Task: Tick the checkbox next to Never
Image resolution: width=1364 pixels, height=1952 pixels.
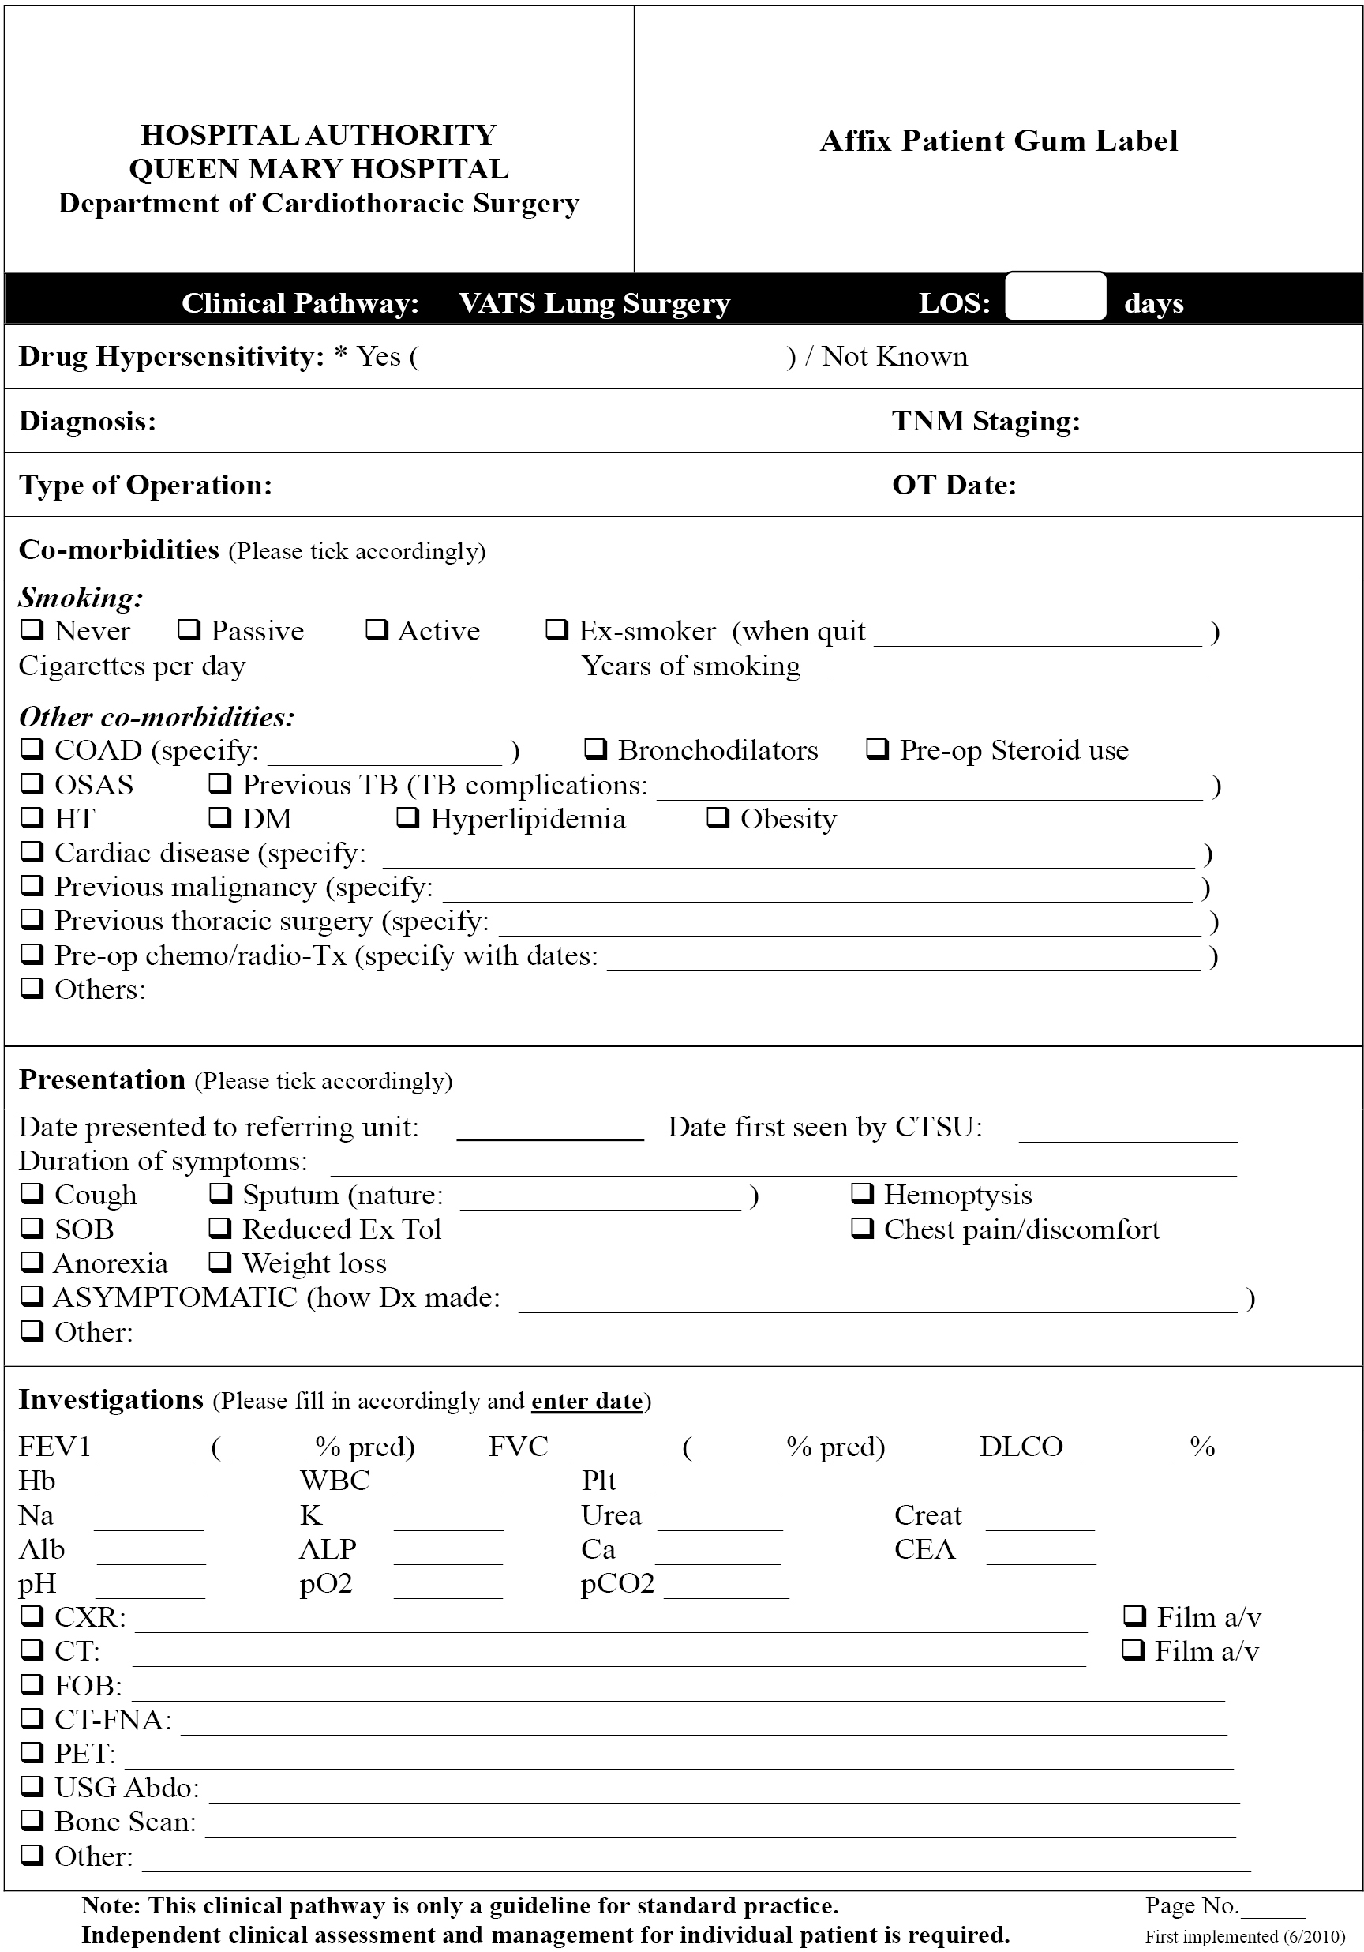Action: click(x=32, y=630)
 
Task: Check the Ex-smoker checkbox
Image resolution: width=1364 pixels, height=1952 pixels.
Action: click(x=556, y=630)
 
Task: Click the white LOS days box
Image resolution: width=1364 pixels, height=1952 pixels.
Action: click(x=1055, y=297)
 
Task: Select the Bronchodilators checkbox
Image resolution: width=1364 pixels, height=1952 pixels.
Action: click(x=596, y=749)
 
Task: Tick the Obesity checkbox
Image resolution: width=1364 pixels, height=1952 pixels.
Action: click(x=718, y=818)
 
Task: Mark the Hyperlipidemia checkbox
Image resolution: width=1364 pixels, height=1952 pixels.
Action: click(x=408, y=818)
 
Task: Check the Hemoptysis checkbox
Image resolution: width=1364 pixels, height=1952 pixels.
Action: click(x=862, y=1194)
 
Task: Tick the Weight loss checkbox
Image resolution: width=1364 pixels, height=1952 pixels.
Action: click(x=220, y=1263)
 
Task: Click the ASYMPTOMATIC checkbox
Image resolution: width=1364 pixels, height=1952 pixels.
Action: click(x=32, y=1297)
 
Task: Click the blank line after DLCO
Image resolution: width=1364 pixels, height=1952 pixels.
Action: click(x=1126, y=1454)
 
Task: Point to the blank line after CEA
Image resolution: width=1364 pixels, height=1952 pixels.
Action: click(x=1041, y=1556)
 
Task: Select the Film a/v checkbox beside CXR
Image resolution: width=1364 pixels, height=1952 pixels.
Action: click(x=1134, y=1616)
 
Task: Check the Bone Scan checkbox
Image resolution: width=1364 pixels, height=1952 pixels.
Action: click(x=32, y=1821)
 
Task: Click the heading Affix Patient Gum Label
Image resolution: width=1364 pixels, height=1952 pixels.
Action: click(x=999, y=141)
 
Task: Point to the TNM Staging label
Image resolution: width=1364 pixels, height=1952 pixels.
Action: click(x=986, y=421)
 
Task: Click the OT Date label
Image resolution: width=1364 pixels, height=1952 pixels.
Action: click(x=954, y=485)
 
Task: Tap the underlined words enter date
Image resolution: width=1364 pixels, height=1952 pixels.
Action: click(x=586, y=1401)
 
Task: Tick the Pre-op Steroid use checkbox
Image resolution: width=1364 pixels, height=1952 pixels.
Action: click(x=877, y=749)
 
